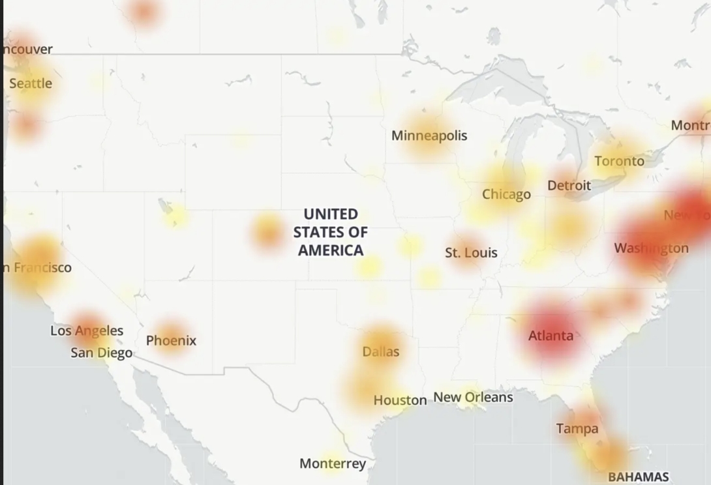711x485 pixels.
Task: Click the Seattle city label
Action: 31,83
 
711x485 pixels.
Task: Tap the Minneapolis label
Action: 429,136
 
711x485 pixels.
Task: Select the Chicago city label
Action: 506,194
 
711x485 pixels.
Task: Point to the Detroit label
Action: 569,185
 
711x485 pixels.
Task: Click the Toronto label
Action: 619,161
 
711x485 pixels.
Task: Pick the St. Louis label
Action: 471,252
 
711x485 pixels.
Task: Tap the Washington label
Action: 651,248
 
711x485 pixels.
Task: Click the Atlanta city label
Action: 551,336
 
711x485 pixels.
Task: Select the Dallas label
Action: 380,351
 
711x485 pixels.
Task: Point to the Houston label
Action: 400,400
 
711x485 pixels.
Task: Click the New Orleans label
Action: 473,397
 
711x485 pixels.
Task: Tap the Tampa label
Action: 577,428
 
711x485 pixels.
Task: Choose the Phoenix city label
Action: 171,340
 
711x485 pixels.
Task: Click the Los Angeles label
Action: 87,331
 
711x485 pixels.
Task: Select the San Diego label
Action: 101,353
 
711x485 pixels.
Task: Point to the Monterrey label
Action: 333,463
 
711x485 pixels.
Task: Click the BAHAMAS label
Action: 639,477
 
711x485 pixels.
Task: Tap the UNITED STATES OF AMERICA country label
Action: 331,232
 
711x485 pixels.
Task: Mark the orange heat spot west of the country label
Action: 267,231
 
